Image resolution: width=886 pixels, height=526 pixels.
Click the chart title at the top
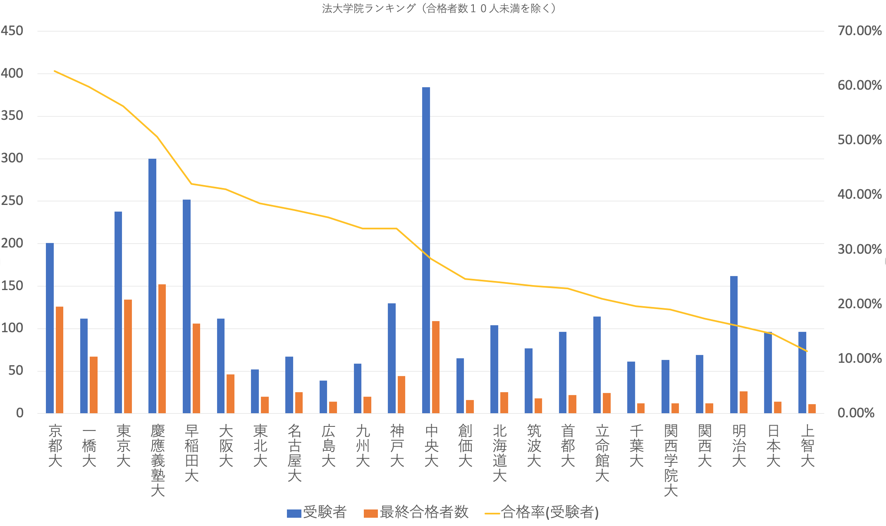pyautogui.click(x=439, y=8)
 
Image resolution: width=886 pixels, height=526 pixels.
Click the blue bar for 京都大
pyautogui.click(x=50, y=328)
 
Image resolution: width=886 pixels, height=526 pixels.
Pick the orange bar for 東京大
pyautogui.click(x=128, y=356)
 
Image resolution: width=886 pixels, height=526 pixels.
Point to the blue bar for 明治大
pyautogui.click(x=734, y=345)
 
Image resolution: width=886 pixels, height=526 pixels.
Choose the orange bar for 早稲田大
pyautogui.click(x=196, y=368)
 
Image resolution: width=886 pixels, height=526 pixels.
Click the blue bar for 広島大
pyautogui.click(x=323, y=397)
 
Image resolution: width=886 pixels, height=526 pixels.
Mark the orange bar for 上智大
pyautogui.click(x=812, y=408)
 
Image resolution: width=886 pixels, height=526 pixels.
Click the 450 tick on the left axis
pyautogui.click(x=12, y=31)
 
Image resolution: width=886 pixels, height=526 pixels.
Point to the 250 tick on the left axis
pyautogui.click(x=12, y=201)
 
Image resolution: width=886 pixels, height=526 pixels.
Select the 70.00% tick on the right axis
pyautogui.click(x=860, y=31)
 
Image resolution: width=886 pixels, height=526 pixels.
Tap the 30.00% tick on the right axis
pyautogui.click(x=860, y=250)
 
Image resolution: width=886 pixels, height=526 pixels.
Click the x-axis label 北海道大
pyautogui.click(x=499, y=453)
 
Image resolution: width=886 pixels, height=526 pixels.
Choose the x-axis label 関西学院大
pyautogui.click(x=671, y=460)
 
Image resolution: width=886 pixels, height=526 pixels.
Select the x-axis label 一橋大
pyautogui.click(x=89, y=445)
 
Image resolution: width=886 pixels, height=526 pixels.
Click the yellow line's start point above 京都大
pyautogui.click(x=55, y=71)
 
